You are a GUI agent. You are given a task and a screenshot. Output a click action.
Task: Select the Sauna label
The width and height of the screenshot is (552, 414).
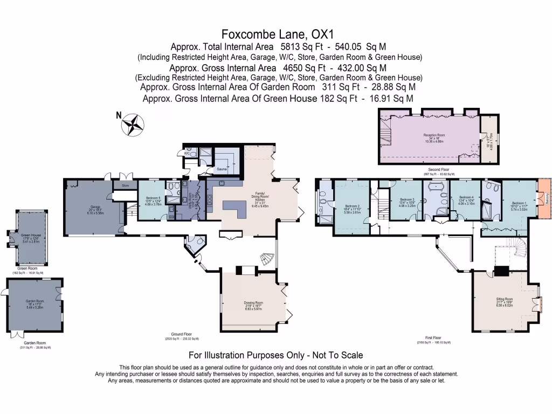click(221, 169)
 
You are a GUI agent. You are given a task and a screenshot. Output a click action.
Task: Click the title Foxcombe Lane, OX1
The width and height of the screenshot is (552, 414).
click(275, 34)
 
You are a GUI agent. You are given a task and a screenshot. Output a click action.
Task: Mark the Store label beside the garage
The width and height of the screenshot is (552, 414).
click(125, 185)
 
